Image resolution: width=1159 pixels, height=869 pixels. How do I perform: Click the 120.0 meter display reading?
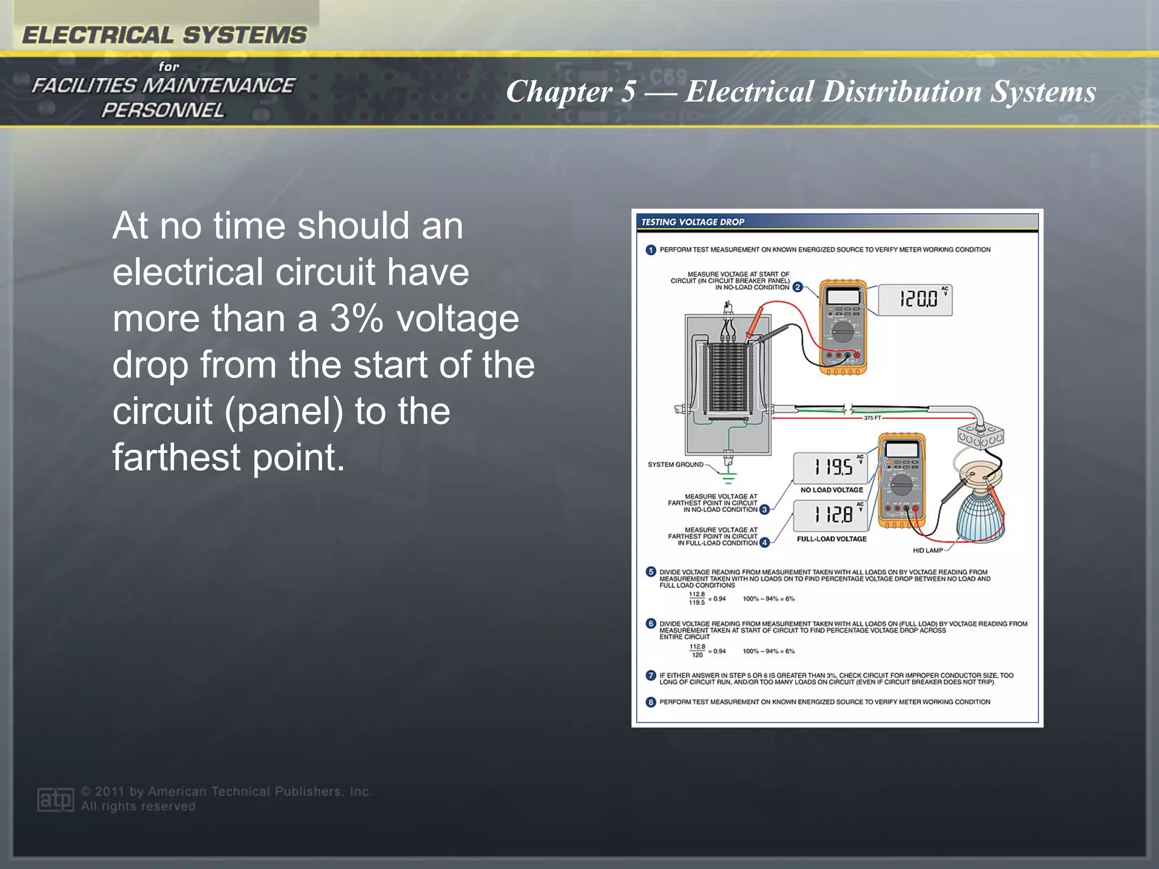[915, 299]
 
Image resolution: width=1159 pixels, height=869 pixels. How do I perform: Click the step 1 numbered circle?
[651, 250]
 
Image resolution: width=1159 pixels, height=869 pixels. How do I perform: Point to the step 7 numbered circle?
[651, 676]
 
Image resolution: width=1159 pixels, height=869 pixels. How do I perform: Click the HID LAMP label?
[928, 550]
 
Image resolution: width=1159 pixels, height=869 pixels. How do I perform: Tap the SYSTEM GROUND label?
[675, 465]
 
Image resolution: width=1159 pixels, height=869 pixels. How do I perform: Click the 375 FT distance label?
[872, 418]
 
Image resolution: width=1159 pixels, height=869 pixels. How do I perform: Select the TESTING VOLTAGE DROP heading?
[693, 222]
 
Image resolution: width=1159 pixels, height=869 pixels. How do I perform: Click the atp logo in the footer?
[55, 799]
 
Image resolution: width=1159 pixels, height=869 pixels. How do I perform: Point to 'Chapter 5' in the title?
[570, 92]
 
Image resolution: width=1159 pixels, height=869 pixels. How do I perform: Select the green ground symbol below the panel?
[729, 477]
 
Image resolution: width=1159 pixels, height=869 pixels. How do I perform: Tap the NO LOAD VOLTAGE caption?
[831, 490]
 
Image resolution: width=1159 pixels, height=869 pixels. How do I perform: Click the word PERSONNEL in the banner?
[163, 110]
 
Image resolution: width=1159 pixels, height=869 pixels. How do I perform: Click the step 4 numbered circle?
[765, 543]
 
